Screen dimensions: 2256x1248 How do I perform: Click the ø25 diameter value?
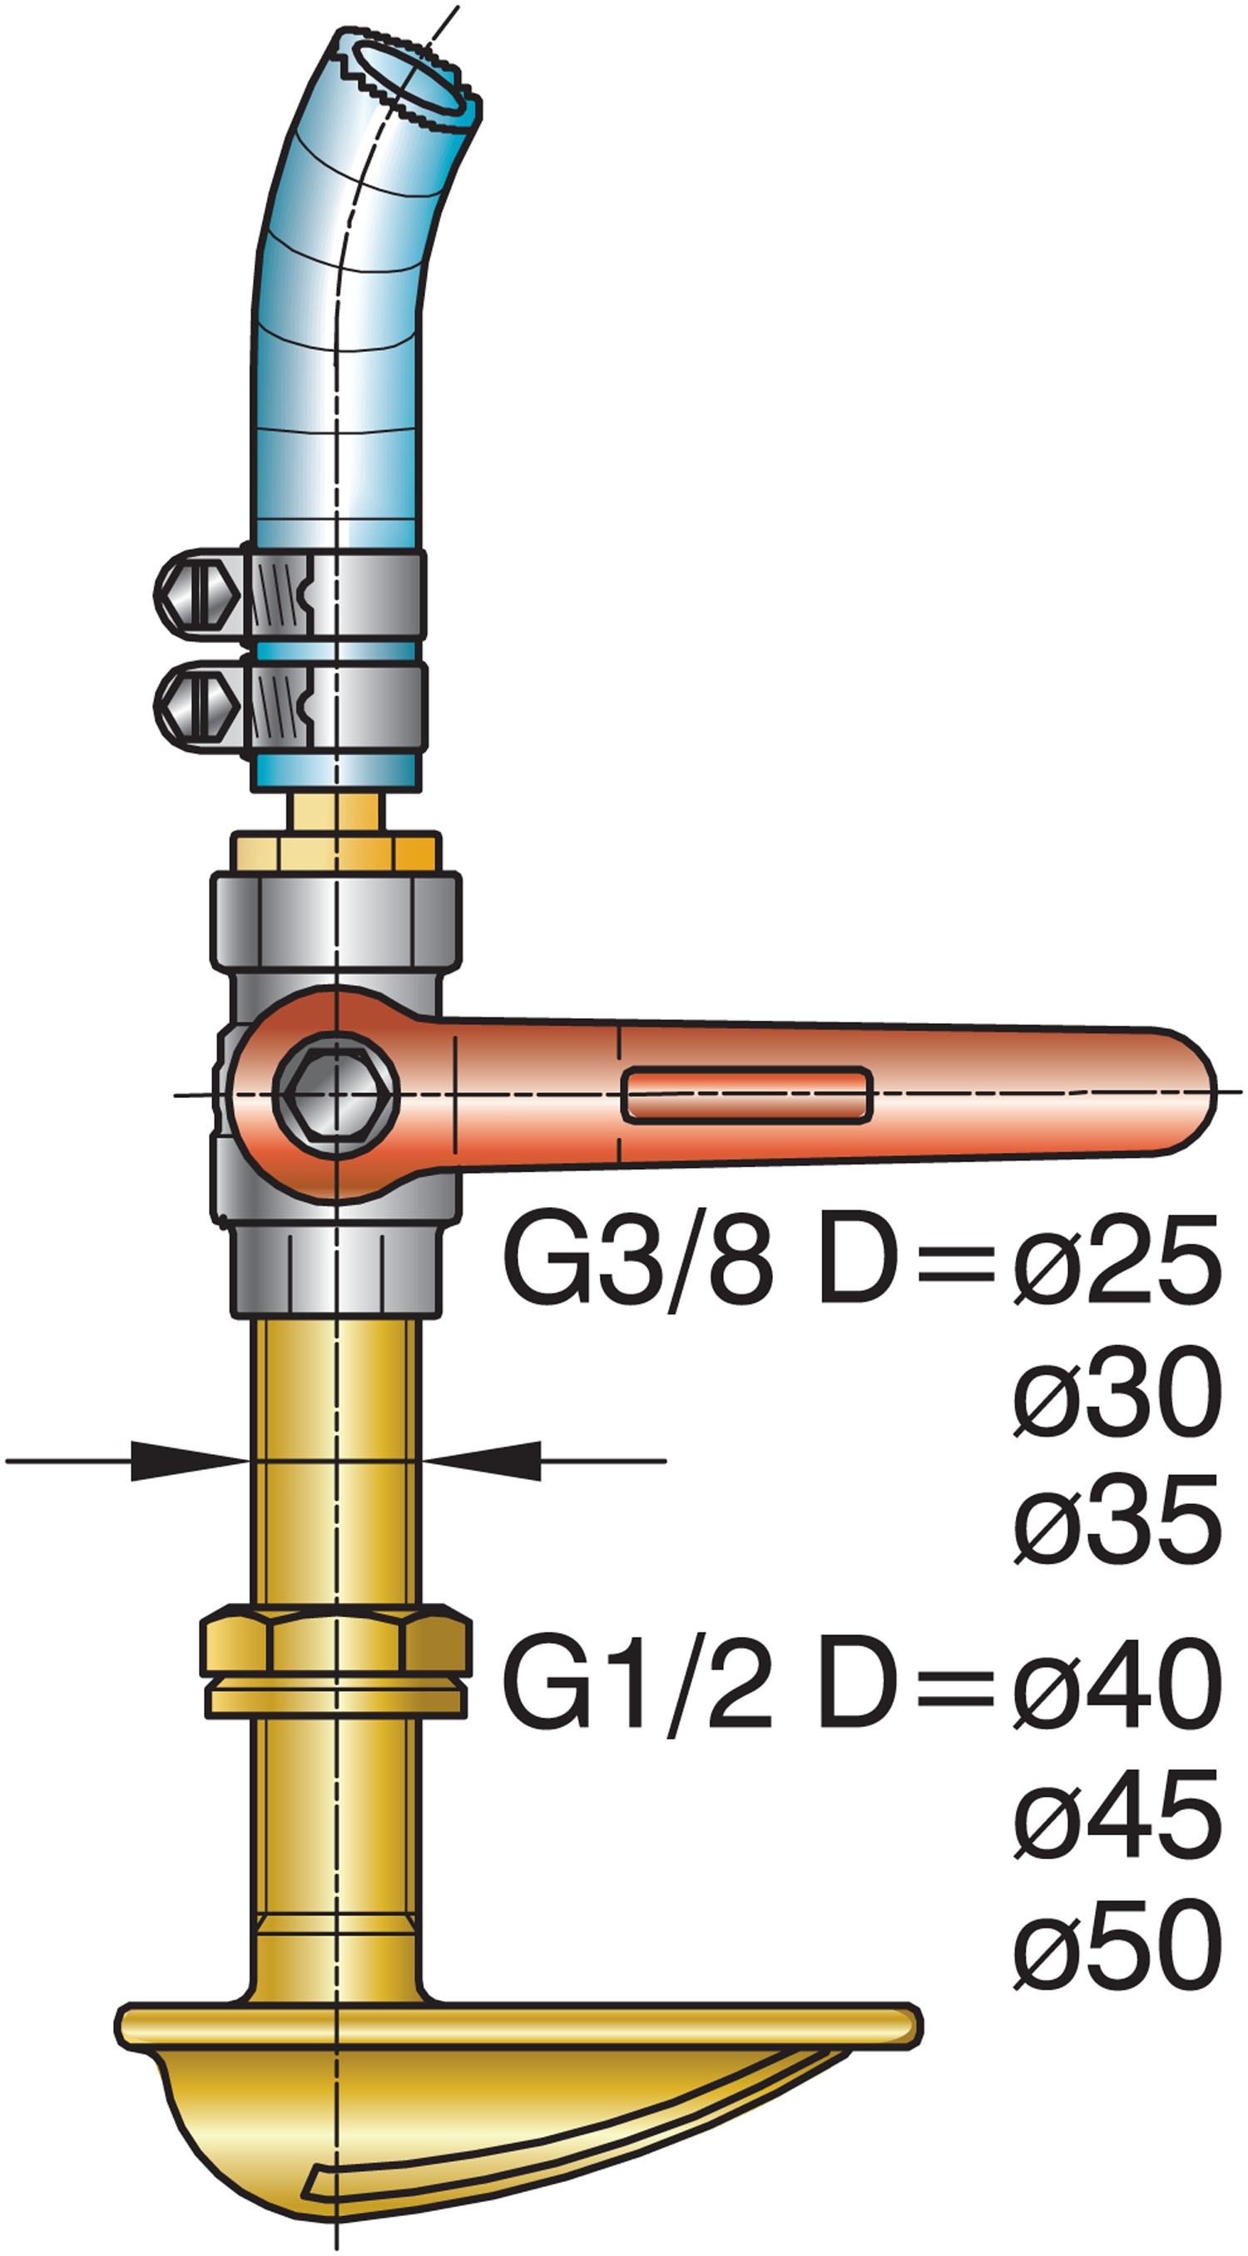(x=1117, y=1262)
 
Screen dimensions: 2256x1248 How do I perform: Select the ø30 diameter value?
(x=1117, y=1393)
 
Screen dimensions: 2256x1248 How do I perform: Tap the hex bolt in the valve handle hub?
(x=336, y=1094)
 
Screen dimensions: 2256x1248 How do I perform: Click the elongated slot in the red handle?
(x=746, y=1095)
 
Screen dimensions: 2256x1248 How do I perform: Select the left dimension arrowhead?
(x=188, y=1461)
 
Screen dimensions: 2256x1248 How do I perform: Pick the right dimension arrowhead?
(x=482, y=1461)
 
